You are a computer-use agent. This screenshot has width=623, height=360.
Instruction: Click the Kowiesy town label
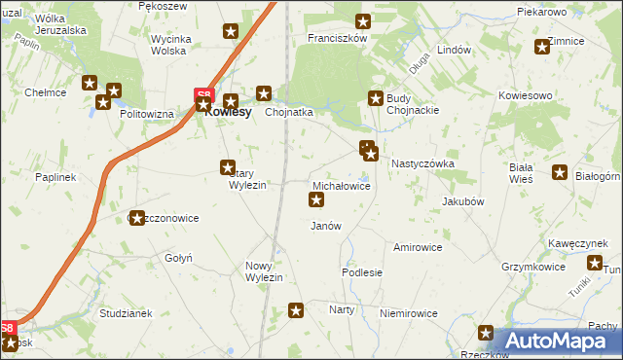click(230, 112)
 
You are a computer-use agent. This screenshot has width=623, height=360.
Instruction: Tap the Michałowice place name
click(341, 185)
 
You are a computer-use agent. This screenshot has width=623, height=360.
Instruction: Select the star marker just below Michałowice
click(316, 200)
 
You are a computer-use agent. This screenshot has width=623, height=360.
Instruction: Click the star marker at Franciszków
click(363, 21)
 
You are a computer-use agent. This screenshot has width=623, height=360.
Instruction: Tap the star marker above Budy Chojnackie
click(376, 97)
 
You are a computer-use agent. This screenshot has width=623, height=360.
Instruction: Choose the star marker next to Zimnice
click(542, 47)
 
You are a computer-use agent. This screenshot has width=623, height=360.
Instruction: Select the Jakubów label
click(462, 201)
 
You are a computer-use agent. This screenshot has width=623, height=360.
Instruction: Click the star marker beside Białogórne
click(561, 173)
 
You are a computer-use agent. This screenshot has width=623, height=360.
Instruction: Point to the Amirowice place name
click(418, 247)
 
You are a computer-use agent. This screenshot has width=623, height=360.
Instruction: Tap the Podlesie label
click(361, 273)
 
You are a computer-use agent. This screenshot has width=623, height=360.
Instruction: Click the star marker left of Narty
click(297, 310)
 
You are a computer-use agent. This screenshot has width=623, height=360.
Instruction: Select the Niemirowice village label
click(408, 313)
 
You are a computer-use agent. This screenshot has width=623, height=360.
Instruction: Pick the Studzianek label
click(126, 313)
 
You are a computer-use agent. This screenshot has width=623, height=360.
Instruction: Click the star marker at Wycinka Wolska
click(231, 31)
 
